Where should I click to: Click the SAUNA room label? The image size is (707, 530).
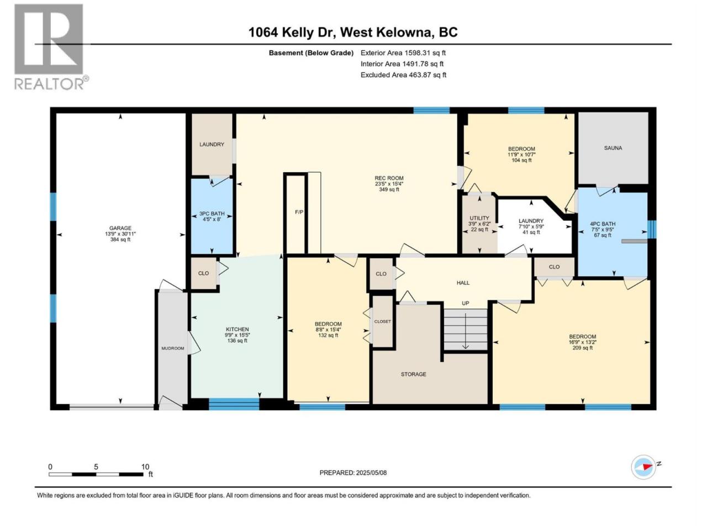click(613, 148)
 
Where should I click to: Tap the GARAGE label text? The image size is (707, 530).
click(120, 228)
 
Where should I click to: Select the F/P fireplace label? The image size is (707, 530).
click(299, 212)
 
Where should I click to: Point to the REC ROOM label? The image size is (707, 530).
click(389, 178)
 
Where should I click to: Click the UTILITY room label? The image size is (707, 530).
click(479, 218)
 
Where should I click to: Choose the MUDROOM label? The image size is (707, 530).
click(173, 348)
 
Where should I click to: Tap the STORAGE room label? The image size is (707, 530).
click(413, 374)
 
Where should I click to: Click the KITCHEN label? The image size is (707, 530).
click(237, 329)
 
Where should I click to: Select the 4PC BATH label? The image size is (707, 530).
click(602, 224)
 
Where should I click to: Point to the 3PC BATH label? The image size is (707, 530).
click(212, 214)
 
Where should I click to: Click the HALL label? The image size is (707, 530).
click(463, 283)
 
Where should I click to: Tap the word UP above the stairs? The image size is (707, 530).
click(465, 303)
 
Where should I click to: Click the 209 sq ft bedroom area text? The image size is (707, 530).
click(582, 348)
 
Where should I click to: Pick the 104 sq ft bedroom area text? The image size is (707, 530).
click(521, 160)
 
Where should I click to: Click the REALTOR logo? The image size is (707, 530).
click(51, 47)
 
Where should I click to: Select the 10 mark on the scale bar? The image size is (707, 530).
click(145, 467)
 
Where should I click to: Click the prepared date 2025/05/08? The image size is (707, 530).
click(371, 473)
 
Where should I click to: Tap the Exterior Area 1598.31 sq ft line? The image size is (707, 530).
click(403, 53)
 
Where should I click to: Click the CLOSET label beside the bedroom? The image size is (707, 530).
click(382, 321)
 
